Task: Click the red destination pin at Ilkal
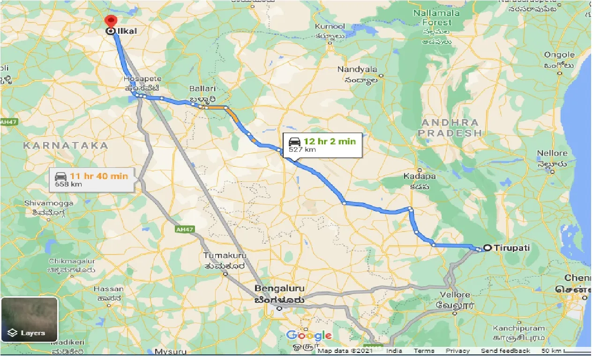click(111, 22)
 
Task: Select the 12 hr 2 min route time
click(329, 141)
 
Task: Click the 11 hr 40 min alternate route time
click(98, 176)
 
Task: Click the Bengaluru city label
click(279, 289)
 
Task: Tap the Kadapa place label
click(420, 177)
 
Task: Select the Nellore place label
click(552, 153)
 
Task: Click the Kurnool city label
click(330, 27)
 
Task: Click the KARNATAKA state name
click(66, 146)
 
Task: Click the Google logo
click(308, 336)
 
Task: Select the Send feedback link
click(505, 351)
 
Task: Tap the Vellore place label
click(455, 295)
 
